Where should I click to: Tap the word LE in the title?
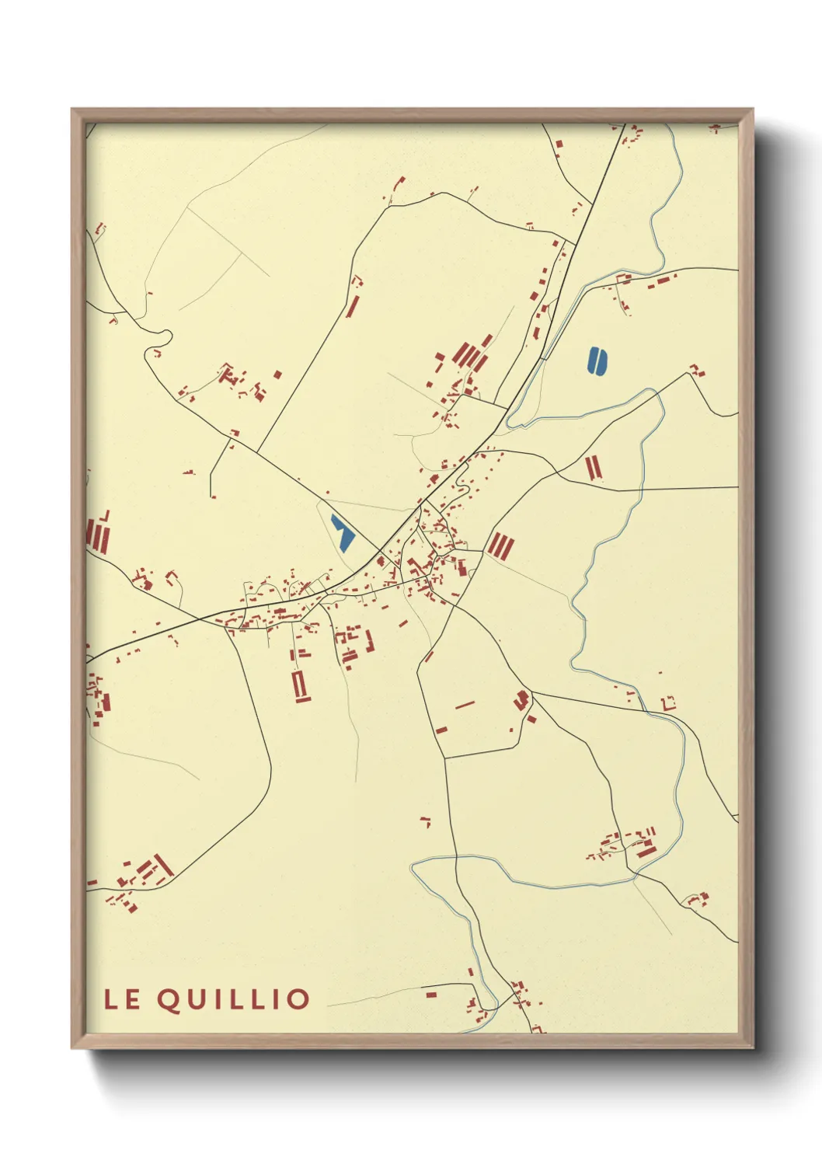[x=123, y=999]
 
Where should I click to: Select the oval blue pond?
[x=597, y=361]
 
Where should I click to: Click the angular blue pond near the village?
[x=342, y=533]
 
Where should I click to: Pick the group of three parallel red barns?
[x=500, y=545]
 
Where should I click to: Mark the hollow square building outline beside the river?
[x=667, y=702]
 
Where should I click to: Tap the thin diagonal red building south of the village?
[x=465, y=706]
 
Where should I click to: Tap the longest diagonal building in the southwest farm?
[x=163, y=865]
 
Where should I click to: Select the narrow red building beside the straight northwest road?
[x=352, y=305]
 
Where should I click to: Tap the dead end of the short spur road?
[x=212, y=496]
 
